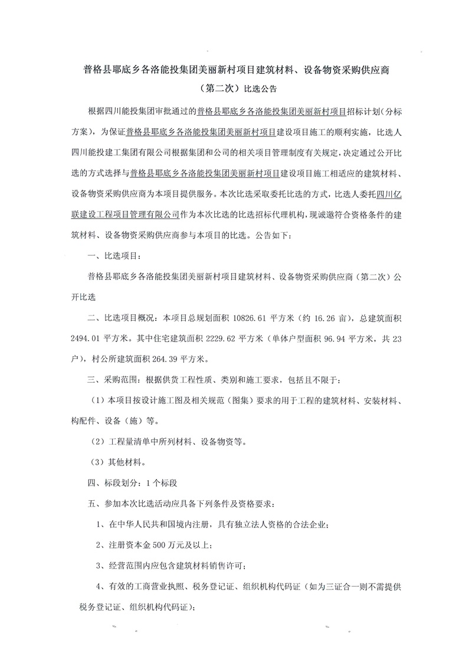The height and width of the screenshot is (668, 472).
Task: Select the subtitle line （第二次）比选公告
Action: (x=235, y=90)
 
